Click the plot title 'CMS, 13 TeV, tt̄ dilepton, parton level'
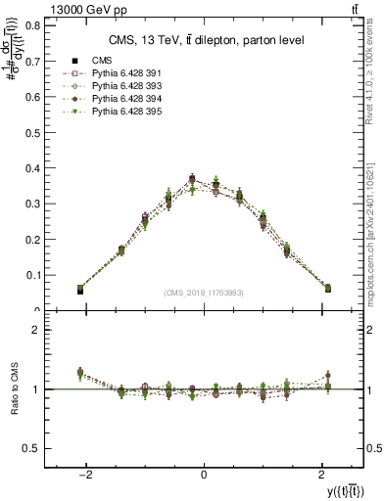pos(203,40)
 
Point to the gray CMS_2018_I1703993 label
pos(203,293)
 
